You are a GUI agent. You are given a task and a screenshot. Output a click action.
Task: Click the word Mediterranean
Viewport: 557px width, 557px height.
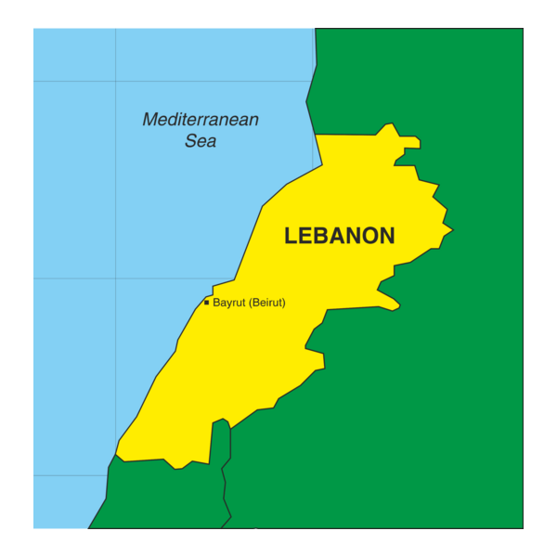click(x=201, y=120)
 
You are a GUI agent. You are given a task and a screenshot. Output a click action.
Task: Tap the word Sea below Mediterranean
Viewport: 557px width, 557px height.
click(x=201, y=141)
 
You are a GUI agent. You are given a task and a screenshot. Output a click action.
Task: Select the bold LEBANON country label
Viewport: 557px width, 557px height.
click(x=340, y=236)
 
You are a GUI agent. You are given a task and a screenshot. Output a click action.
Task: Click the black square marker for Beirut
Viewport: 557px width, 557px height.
click(x=206, y=302)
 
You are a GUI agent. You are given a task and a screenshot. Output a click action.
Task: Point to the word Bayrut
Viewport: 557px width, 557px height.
click(x=228, y=303)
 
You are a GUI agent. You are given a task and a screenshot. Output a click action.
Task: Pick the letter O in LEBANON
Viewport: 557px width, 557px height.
click(x=365, y=236)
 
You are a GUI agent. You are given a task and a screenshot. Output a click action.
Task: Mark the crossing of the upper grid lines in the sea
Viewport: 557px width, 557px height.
click(x=116, y=82)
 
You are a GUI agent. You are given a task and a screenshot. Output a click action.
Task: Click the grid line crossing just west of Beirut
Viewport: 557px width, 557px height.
click(x=116, y=278)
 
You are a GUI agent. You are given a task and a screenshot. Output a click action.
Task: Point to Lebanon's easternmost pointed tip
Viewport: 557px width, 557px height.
click(x=452, y=227)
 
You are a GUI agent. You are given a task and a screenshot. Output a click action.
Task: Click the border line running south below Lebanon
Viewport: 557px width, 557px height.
click(x=226, y=483)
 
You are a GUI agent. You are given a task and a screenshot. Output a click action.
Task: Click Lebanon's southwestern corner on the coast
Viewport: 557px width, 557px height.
click(x=117, y=455)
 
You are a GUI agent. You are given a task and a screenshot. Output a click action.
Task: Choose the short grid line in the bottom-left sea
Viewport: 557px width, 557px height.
click(x=70, y=475)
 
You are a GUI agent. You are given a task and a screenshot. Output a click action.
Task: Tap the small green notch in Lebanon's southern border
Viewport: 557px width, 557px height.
click(x=221, y=424)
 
